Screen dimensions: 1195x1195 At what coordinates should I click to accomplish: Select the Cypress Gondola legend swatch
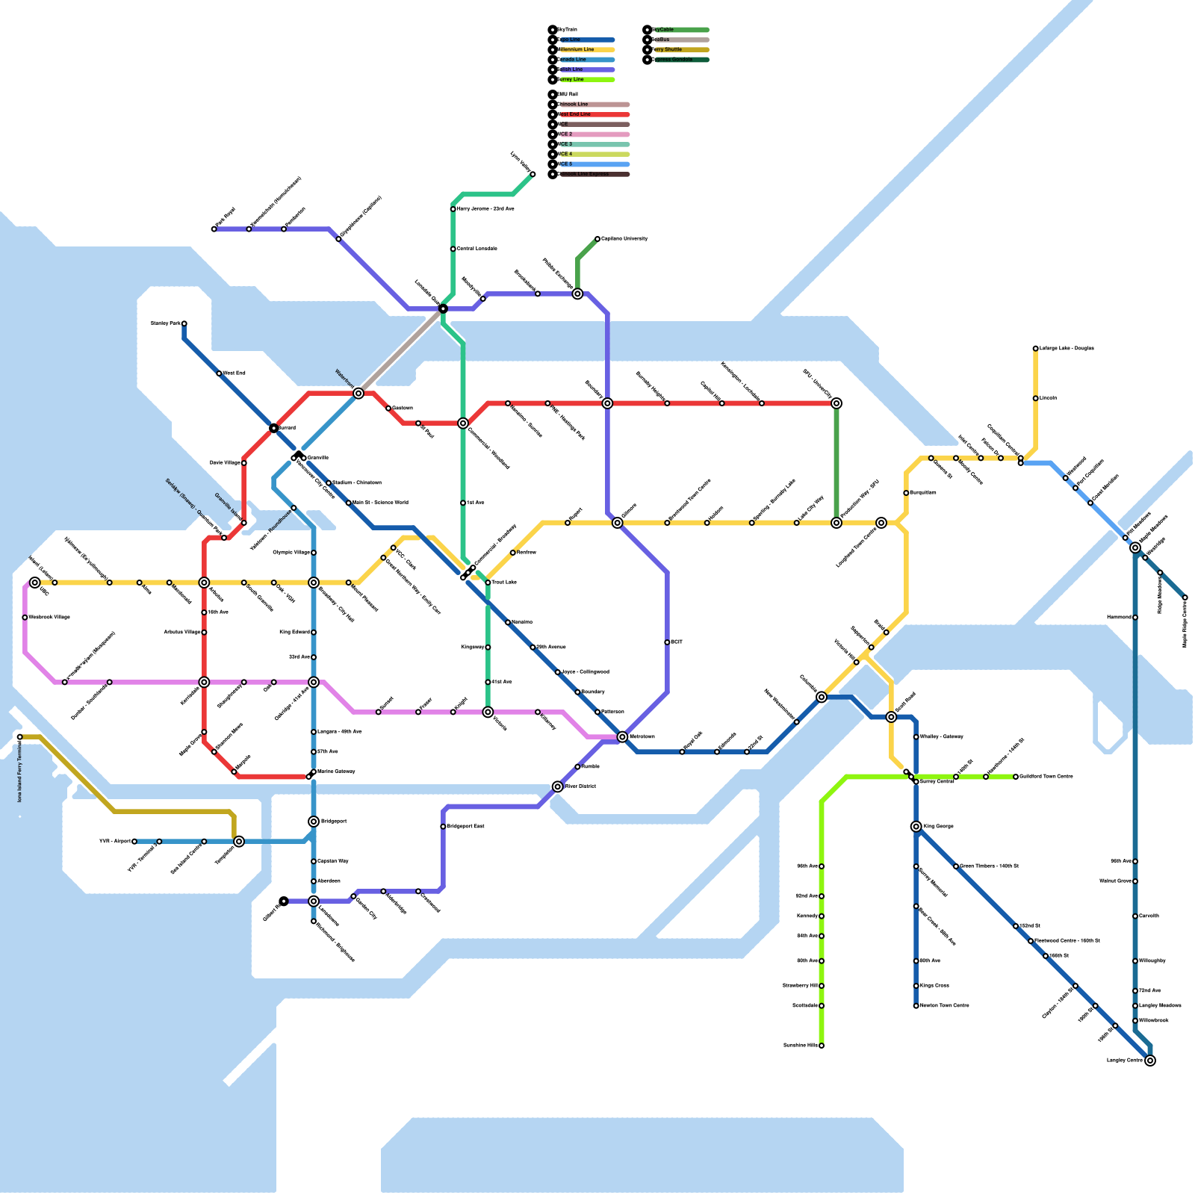click(x=680, y=60)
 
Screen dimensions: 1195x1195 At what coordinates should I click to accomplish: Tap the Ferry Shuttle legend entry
click(x=680, y=49)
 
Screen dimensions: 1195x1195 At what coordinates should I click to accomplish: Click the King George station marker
click(x=916, y=826)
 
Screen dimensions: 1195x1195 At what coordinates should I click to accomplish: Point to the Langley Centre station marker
click(x=1150, y=1061)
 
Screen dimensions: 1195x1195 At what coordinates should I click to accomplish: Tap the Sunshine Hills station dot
click(x=822, y=1046)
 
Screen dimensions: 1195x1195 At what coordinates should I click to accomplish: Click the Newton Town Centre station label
click(x=945, y=1006)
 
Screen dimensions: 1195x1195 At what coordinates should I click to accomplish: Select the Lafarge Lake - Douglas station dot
click(x=1036, y=349)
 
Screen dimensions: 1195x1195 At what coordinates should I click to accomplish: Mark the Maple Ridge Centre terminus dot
click(x=1185, y=597)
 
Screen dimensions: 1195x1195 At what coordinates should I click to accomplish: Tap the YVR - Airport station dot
click(x=134, y=842)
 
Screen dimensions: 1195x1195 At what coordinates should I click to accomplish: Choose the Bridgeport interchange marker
click(x=314, y=822)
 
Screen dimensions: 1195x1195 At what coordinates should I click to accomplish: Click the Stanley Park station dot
click(x=184, y=323)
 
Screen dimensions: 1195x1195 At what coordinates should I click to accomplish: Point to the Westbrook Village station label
click(x=49, y=618)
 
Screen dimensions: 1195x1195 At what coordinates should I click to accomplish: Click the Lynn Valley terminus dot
click(x=533, y=174)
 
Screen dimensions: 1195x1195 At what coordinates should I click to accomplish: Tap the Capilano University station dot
click(x=597, y=239)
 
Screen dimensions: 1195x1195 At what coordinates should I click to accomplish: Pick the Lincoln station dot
click(x=1036, y=398)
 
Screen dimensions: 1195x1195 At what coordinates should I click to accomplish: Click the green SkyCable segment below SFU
click(x=836, y=463)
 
